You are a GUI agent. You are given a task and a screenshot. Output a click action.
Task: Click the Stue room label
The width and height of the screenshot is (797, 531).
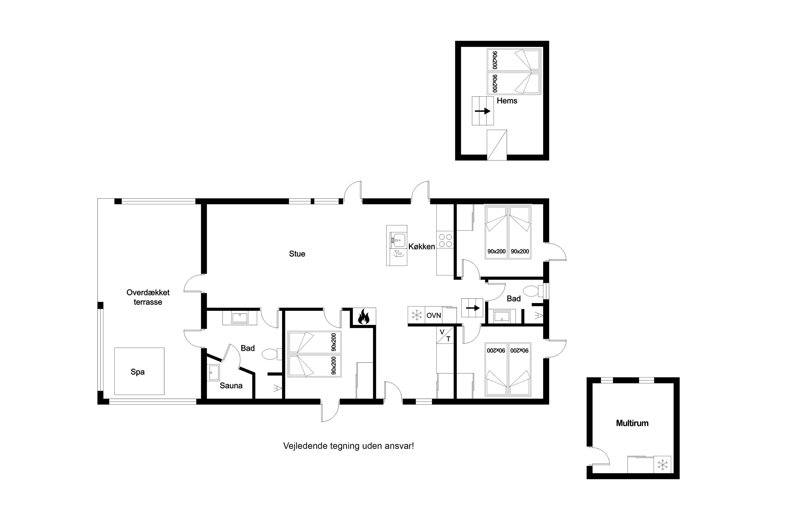(x=297, y=254)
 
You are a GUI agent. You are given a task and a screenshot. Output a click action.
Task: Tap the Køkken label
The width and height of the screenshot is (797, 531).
(x=422, y=247)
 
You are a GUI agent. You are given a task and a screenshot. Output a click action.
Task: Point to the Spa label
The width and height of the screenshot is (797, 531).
(x=138, y=372)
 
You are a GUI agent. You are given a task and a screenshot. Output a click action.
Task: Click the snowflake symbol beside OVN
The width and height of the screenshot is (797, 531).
(x=416, y=315)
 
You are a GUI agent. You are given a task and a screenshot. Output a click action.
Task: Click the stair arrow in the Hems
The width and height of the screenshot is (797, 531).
(x=483, y=111)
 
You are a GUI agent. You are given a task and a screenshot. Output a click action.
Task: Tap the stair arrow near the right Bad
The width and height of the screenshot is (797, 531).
(x=473, y=308)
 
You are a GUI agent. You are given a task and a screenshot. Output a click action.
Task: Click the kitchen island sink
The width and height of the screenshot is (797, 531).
(x=397, y=241)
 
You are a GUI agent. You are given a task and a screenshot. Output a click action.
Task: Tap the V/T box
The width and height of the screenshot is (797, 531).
(x=445, y=335)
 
